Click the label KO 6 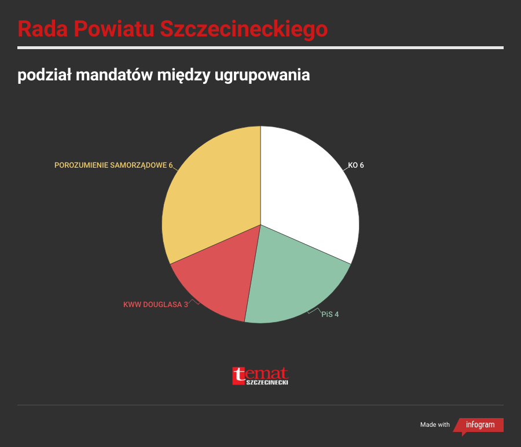click(356, 165)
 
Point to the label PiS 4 click(330, 314)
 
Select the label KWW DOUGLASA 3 click(156, 305)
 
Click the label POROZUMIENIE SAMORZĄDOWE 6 click(113, 165)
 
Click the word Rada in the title click(43, 28)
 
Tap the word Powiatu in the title click(114, 28)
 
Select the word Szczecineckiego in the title click(244, 29)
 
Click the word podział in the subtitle click(45, 75)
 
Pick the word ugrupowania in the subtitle click(262, 76)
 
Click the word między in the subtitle click(184, 76)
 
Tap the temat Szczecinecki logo click(260, 376)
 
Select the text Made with click(435, 425)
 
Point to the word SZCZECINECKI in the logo click(267, 382)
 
